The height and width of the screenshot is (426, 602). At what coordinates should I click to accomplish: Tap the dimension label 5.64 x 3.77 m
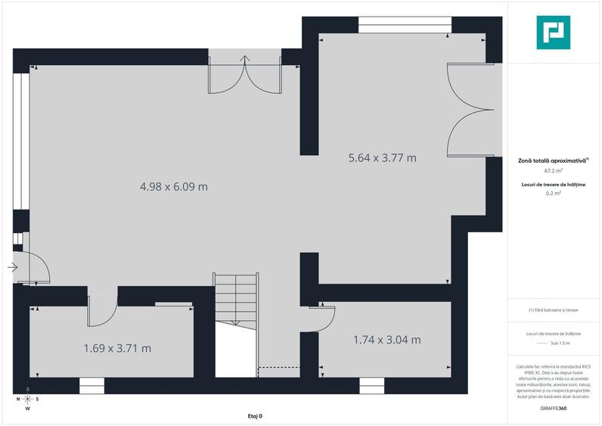382,158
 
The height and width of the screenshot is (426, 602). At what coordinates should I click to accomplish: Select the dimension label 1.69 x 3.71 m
117,348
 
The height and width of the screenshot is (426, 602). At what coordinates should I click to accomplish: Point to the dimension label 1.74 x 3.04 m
386,340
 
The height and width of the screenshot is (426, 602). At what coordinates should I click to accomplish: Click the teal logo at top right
554,32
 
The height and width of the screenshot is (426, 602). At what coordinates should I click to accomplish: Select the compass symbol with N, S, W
27,399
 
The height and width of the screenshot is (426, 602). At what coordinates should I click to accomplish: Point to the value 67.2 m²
554,171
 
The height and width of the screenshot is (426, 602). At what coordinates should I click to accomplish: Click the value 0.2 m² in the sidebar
554,193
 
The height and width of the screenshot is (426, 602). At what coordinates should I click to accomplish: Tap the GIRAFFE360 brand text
554,409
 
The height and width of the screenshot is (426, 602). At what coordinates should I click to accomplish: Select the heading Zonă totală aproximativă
553,161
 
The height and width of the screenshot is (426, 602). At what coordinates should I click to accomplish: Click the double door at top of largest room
245,74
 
